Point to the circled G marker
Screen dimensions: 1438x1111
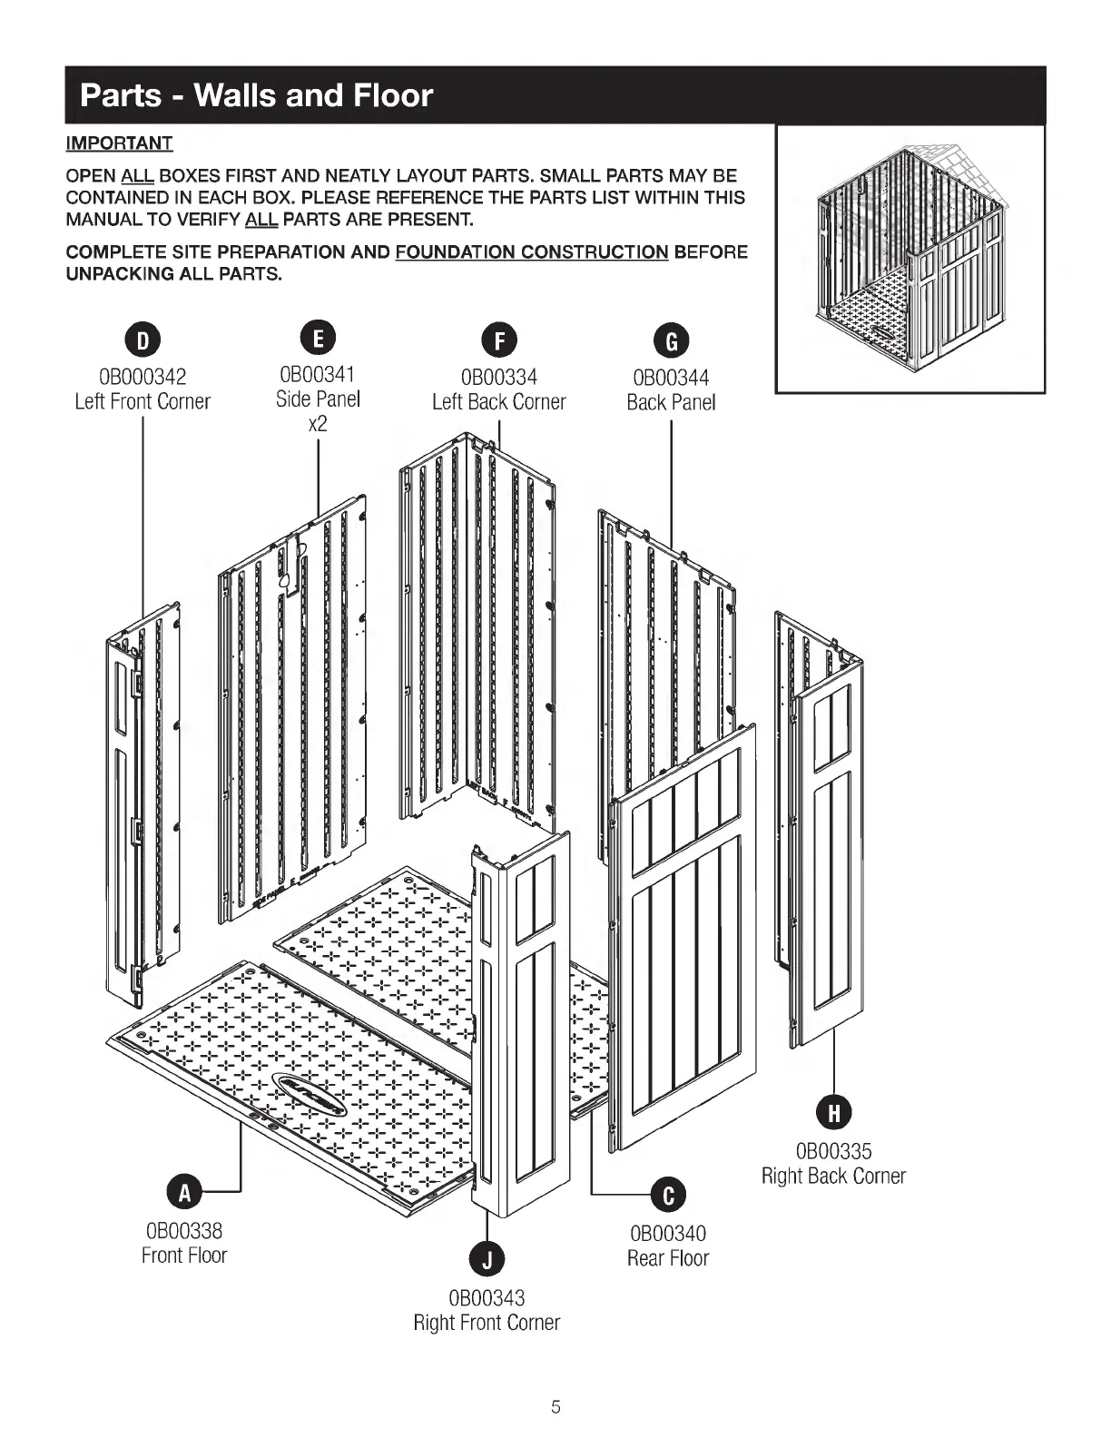[672, 341]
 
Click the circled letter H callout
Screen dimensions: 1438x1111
[832, 1112]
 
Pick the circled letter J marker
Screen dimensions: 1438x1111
[487, 1259]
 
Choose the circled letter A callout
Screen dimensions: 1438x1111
[184, 1193]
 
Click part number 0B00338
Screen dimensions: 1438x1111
[184, 1231]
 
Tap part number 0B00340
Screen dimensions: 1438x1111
[668, 1234]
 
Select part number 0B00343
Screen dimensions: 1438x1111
[487, 1298]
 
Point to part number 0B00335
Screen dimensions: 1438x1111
[833, 1151]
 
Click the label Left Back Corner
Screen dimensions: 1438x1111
[498, 402]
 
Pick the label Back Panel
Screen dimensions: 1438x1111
[671, 402]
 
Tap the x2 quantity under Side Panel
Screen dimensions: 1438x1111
[318, 424]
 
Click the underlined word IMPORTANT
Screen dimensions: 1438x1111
[119, 143]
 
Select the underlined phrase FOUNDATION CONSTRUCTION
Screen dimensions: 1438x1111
[532, 251]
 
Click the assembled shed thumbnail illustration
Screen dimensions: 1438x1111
[909, 259]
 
